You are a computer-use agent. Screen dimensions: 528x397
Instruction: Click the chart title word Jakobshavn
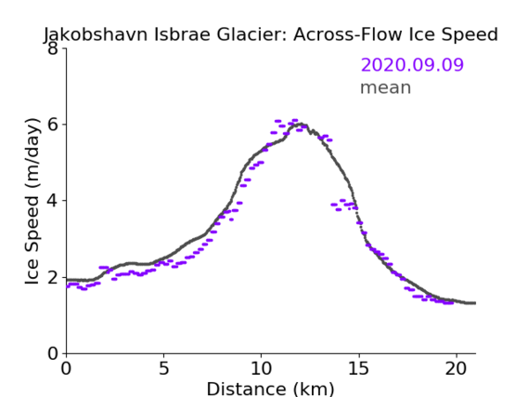click(x=96, y=34)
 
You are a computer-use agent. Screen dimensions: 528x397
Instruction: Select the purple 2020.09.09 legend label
click(x=412, y=64)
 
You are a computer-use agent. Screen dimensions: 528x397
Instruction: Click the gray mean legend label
click(x=386, y=87)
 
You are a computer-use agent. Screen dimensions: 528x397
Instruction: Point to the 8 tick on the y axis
click(x=53, y=48)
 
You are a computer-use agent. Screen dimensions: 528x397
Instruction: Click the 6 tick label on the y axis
click(x=53, y=125)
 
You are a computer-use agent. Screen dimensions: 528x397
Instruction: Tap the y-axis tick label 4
click(x=53, y=201)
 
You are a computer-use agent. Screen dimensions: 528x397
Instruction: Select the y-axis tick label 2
click(x=53, y=277)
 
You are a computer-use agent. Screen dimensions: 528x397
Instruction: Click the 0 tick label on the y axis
click(x=53, y=353)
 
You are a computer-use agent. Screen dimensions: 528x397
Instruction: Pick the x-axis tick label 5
click(x=163, y=368)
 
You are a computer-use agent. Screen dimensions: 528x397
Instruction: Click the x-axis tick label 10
click(x=261, y=368)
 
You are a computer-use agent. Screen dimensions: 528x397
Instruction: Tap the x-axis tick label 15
click(x=358, y=368)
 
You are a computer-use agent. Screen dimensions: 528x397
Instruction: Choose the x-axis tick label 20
click(x=457, y=368)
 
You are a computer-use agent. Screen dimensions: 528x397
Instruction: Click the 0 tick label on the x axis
click(x=66, y=368)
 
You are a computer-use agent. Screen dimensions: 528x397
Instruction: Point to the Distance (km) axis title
click(x=270, y=389)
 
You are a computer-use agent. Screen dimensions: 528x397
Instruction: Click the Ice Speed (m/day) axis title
click(x=32, y=202)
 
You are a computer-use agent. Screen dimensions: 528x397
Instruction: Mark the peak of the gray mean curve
click(x=301, y=124)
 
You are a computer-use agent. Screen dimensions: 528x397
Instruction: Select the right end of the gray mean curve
click(x=475, y=303)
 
